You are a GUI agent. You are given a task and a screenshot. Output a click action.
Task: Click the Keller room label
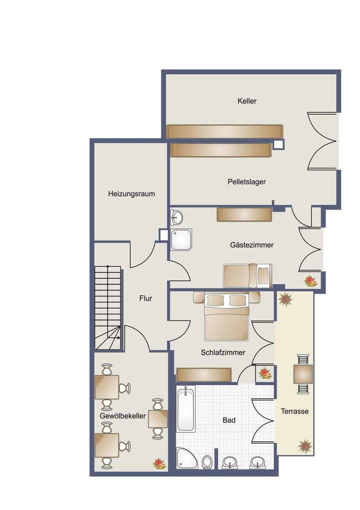(x=247, y=101)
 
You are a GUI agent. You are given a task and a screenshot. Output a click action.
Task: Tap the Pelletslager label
(x=246, y=182)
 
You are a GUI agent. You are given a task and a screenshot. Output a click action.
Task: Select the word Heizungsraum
(x=131, y=194)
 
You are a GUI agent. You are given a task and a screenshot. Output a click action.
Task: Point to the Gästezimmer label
(x=251, y=245)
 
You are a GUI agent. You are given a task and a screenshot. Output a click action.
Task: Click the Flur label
(x=145, y=298)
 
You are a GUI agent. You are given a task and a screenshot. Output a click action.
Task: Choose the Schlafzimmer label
(x=223, y=352)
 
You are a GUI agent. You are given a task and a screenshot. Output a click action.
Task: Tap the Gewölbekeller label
(x=122, y=416)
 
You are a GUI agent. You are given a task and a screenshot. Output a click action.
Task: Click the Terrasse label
(x=294, y=411)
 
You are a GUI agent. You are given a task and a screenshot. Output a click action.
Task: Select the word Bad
(x=229, y=420)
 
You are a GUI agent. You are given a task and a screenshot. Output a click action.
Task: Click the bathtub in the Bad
(x=186, y=409)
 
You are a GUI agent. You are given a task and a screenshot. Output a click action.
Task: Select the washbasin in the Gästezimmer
(x=176, y=217)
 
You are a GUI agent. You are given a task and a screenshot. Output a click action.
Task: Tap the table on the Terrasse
(x=303, y=374)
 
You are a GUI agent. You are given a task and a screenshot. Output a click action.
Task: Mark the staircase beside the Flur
(x=108, y=308)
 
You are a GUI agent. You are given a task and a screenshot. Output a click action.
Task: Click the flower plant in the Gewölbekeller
(x=159, y=463)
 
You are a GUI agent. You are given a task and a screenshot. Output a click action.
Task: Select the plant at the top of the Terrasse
(x=286, y=299)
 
